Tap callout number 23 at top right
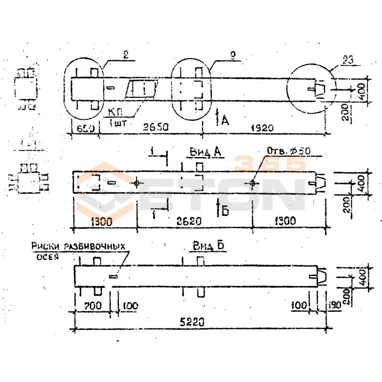click(x=349, y=60)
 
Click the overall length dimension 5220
click(x=192, y=322)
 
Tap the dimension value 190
click(x=334, y=305)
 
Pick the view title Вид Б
click(x=209, y=246)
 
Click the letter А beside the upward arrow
click(x=225, y=121)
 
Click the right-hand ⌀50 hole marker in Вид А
click(x=252, y=183)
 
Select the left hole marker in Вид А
click(x=137, y=183)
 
